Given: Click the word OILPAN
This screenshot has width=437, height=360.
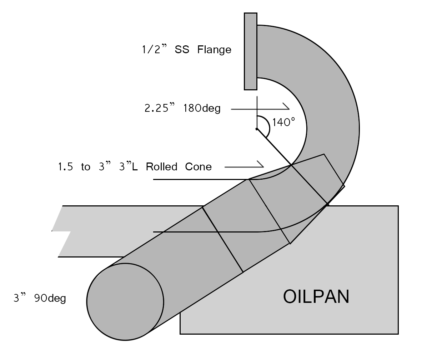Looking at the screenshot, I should coord(316,296).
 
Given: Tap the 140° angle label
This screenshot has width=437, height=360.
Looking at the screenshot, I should coord(284,122).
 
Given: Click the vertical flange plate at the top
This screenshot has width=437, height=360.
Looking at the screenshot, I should coord(250,51).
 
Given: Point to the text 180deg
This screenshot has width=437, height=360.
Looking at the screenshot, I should coord(202,108).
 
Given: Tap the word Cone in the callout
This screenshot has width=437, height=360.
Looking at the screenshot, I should coord(199,167).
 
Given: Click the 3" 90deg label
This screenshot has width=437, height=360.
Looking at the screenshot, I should coord(40,298).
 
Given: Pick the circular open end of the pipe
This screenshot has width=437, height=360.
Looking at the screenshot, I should coord(125,302).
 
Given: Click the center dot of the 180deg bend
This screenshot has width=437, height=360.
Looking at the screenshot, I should coord(256,129).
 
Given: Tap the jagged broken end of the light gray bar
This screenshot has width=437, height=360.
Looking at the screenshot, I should coord(61,231).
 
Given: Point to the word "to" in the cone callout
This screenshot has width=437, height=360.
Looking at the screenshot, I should coord(86,167).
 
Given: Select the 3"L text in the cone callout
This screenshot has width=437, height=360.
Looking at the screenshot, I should coord(128,167).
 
